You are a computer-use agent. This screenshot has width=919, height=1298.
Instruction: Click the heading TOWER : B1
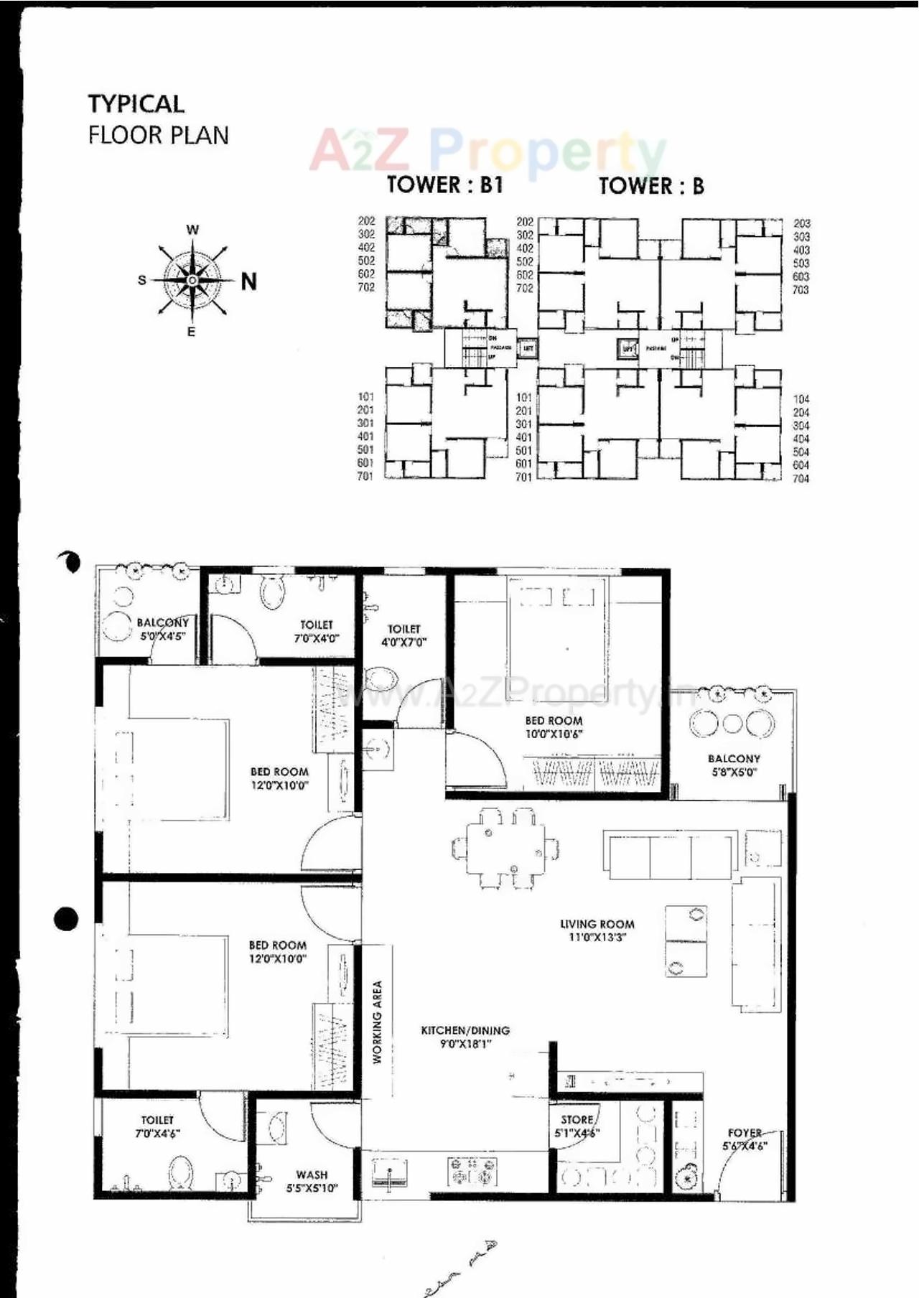pyautogui.click(x=444, y=185)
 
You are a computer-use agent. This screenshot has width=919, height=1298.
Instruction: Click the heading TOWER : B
pyautogui.click(x=651, y=186)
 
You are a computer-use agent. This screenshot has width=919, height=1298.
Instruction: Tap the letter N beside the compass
pyautogui.click(x=248, y=281)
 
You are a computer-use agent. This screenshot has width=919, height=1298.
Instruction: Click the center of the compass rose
pyautogui.click(x=192, y=280)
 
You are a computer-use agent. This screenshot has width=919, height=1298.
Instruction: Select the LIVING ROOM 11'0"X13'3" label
pyautogui.click(x=597, y=930)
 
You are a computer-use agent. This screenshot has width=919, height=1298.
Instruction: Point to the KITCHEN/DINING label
pyautogui.click(x=465, y=1036)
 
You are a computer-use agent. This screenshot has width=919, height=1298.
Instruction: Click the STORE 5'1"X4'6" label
pyautogui.click(x=577, y=1126)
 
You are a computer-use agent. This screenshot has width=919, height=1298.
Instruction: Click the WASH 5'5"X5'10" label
pyautogui.click(x=312, y=1181)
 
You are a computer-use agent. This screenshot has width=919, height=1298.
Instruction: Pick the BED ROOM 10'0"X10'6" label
pyautogui.click(x=554, y=727)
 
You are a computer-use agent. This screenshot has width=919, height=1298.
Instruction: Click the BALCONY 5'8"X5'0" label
pyautogui.click(x=734, y=765)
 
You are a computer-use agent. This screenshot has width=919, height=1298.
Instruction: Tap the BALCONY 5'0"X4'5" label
pyautogui.click(x=163, y=629)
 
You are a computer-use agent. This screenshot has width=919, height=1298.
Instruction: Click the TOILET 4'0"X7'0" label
pyautogui.click(x=404, y=635)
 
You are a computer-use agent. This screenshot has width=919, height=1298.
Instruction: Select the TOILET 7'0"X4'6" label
pyautogui.click(x=157, y=1126)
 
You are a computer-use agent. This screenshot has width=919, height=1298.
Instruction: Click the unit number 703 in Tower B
pyautogui.click(x=801, y=290)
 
